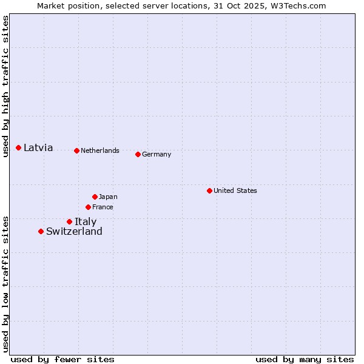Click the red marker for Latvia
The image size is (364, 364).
(19, 147)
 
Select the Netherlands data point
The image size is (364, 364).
(76, 150)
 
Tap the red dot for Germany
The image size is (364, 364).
(138, 154)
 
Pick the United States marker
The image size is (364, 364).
(209, 190)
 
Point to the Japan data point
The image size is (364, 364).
(95, 197)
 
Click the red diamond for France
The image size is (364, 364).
(89, 207)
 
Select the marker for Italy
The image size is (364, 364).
(69, 221)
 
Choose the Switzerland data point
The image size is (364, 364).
(41, 231)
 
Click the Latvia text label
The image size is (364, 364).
(38, 147)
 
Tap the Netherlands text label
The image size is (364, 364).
(100, 150)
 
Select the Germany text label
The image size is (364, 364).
(157, 154)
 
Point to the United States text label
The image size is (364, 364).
(235, 190)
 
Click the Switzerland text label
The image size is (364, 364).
(74, 231)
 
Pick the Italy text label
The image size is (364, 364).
(86, 221)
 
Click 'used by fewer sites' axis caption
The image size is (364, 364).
(62, 359)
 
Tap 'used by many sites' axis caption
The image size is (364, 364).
(305, 359)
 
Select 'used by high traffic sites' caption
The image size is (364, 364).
(6, 86)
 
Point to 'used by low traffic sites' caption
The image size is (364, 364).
(6, 283)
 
